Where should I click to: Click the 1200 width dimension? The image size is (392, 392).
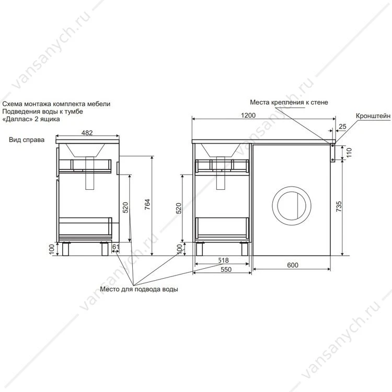(248, 116)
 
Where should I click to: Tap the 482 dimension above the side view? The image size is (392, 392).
(87, 133)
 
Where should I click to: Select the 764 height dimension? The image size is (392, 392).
(147, 204)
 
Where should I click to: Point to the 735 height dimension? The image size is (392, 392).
(339, 206)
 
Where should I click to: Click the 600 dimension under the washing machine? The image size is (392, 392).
(293, 265)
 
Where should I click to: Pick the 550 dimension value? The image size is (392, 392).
(226, 270)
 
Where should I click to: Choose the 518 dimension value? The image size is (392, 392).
(223, 260)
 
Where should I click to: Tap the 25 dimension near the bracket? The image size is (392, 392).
(342, 126)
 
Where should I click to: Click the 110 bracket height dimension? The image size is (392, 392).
(349, 153)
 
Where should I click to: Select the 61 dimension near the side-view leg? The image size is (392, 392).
(116, 247)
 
